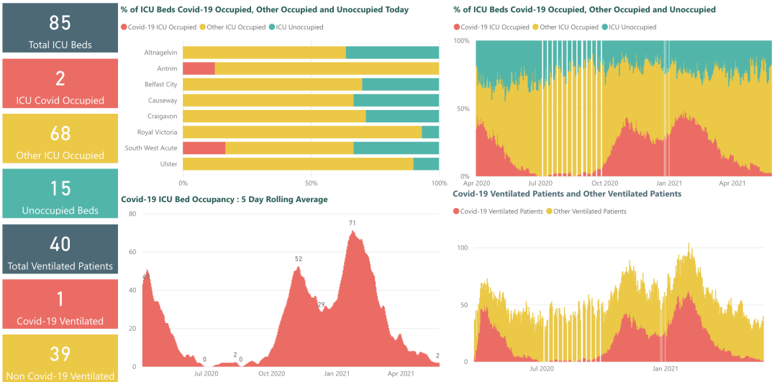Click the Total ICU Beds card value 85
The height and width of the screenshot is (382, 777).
(x=60, y=22)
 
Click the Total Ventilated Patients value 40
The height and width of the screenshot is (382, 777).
(x=60, y=244)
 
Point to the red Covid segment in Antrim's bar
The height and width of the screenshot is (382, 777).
(x=199, y=68)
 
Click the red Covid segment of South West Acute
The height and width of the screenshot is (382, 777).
(x=204, y=147)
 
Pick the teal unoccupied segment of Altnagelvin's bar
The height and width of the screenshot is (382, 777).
(x=392, y=52)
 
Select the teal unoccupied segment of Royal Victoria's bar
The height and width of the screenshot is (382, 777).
(x=430, y=132)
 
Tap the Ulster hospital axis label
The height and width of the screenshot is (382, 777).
(x=169, y=164)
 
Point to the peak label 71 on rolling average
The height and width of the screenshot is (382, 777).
(x=353, y=223)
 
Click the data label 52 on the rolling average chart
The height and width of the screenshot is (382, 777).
(x=299, y=259)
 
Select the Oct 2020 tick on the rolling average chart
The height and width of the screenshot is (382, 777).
(x=271, y=373)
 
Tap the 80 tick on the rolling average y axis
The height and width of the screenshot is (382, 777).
(x=132, y=214)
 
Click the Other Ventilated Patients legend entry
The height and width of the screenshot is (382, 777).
(x=590, y=212)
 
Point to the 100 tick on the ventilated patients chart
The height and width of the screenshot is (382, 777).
(x=463, y=247)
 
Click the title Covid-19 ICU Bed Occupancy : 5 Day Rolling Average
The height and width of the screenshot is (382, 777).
(x=224, y=199)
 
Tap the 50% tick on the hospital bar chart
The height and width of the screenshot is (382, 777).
(x=311, y=183)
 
